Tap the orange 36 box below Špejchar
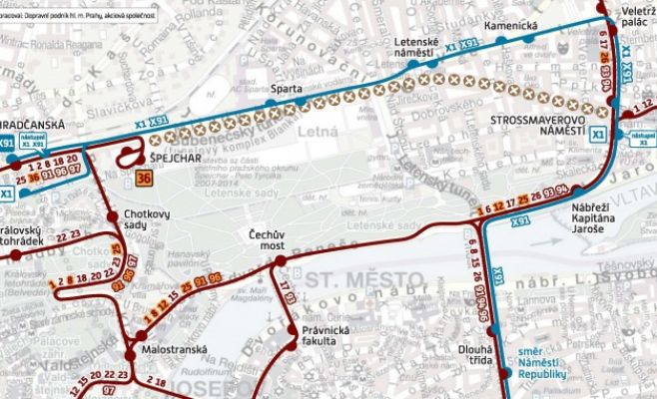pos(144,178)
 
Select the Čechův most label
pos(272,236)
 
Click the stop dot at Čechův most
pos(281,263)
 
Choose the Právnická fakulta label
pos(328,336)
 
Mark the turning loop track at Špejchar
pos(128,155)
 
